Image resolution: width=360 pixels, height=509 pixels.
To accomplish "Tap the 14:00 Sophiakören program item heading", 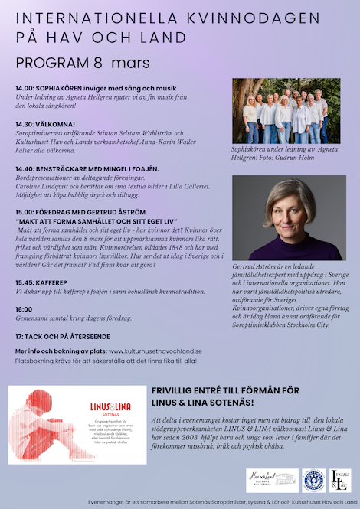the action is tap(95, 88).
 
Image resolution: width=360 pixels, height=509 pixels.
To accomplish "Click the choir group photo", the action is tap(286, 110).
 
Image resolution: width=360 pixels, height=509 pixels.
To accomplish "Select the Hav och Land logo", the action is tap(273, 479).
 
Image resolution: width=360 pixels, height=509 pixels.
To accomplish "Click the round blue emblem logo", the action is tap(313, 479).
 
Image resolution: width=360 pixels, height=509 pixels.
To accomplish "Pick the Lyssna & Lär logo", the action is tap(339, 479).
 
